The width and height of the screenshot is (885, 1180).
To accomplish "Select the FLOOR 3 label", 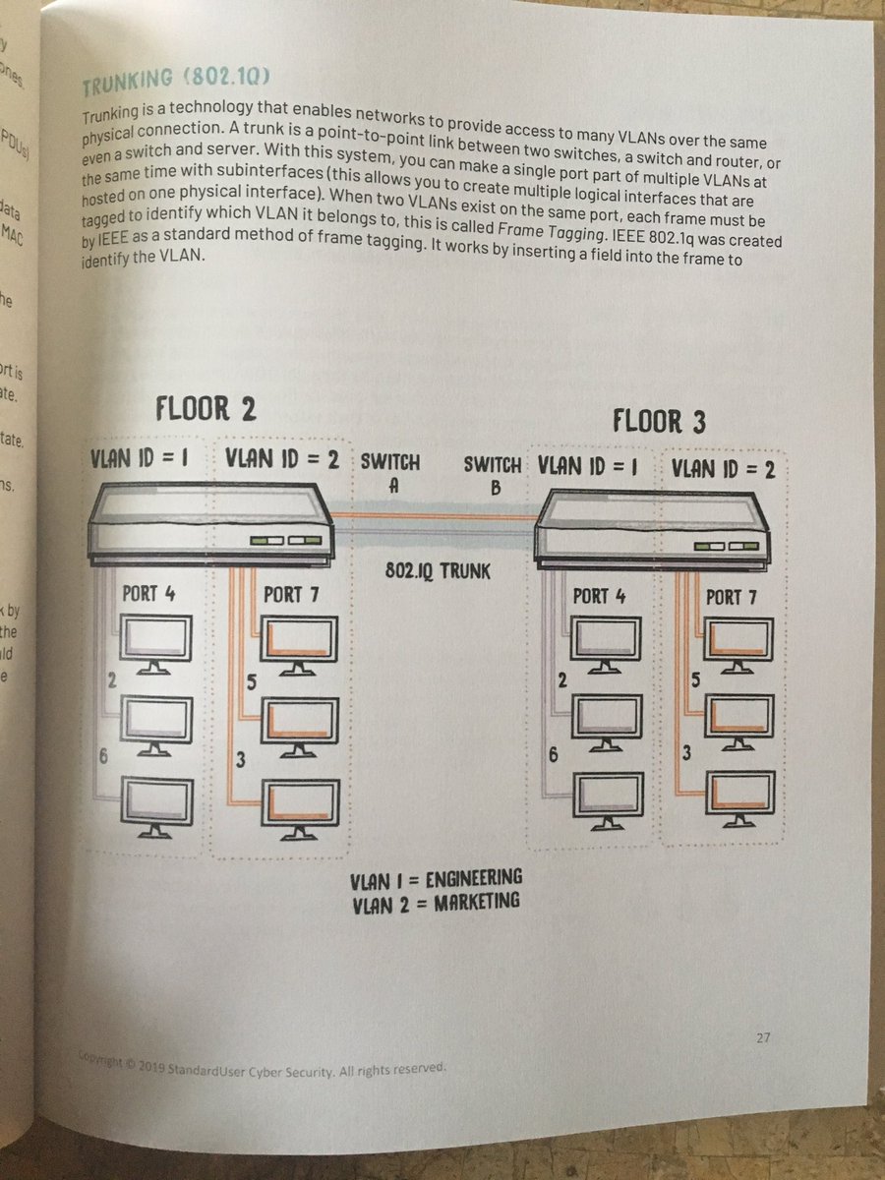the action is pos(659,422).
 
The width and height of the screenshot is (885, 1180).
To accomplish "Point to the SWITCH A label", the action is pos(390,473).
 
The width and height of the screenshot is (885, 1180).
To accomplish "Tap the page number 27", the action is pos(764,1038).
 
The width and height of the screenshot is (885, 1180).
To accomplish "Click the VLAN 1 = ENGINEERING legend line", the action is pos(437,877).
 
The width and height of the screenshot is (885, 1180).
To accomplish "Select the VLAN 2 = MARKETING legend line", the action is pos(437,901).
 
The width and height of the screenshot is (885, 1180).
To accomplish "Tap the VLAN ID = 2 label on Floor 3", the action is pos(724,469).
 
